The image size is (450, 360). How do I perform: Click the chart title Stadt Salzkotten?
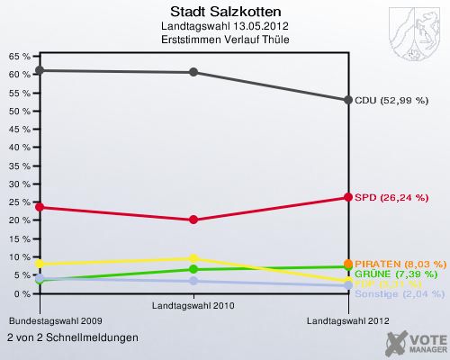[x=224, y=13]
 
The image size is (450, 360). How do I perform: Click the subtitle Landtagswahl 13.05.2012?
[x=224, y=28]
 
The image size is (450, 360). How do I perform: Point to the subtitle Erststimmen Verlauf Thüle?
[x=224, y=41]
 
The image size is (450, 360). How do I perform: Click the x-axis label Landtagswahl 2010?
[x=193, y=305]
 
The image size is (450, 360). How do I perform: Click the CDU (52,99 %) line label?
[x=391, y=100]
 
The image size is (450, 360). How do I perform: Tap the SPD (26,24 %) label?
[x=391, y=197]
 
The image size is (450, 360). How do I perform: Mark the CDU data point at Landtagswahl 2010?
[x=194, y=72]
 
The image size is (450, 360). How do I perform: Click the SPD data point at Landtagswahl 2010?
[x=194, y=220]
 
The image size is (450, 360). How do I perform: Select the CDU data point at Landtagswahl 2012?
[x=348, y=100]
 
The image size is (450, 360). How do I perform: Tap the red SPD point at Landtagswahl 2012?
[x=348, y=197]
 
